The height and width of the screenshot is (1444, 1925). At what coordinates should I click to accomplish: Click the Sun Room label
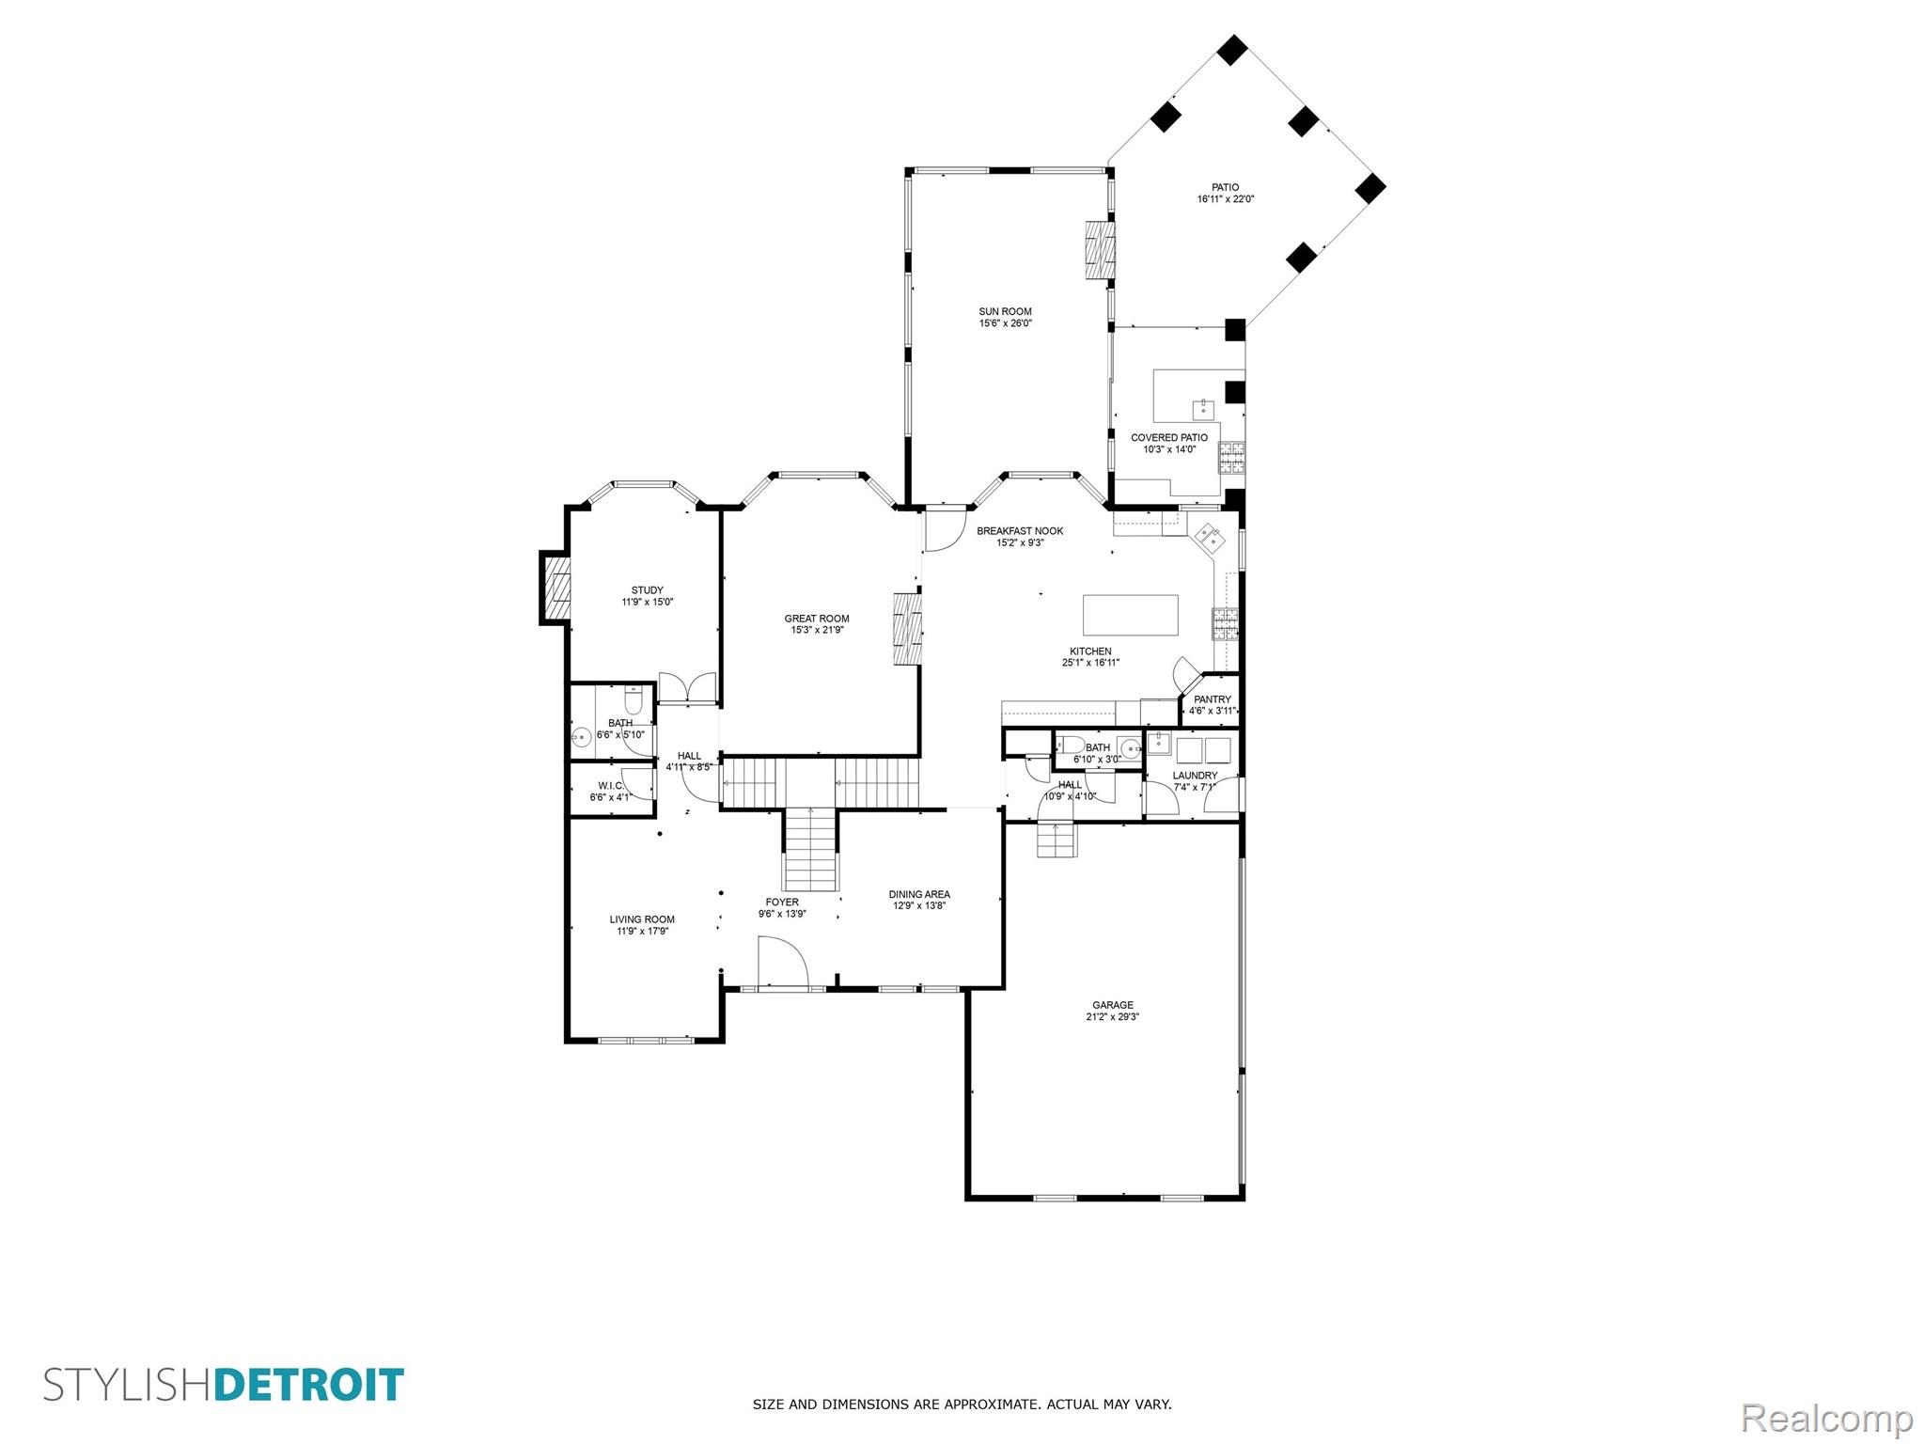pyautogui.click(x=1005, y=312)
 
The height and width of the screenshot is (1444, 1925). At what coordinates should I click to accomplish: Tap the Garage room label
pyautogui.click(x=1113, y=1005)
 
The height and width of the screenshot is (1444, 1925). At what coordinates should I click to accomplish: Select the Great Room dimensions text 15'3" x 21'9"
pyautogui.click(x=817, y=630)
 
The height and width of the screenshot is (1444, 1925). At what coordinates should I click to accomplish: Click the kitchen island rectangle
pyautogui.click(x=1131, y=615)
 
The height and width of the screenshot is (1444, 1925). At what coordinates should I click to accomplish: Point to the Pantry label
pyautogui.click(x=1213, y=699)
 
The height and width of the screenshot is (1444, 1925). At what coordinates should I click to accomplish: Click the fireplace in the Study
pyautogui.click(x=556, y=588)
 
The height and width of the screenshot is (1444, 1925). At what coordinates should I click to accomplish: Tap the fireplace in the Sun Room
pyautogui.click(x=1100, y=250)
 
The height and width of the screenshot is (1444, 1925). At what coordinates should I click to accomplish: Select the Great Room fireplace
pyautogui.click(x=907, y=628)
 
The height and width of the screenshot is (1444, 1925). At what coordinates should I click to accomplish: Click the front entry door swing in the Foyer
pyautogui.click(x=783, y=961)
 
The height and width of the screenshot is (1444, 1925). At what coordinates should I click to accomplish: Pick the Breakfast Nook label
pyautogui.click(x=1020, y=531)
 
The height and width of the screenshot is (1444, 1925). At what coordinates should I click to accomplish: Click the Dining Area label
pyautogui.click(x=919, y=894)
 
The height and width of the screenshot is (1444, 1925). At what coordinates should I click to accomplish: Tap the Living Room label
pyautogui.click(x=642, y=919)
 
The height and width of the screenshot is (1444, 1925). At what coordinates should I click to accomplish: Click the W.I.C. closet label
pyautogui.click(x=611, y=786)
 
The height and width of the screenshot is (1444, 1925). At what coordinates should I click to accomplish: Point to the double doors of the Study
pyautogui.click(x=688, y=688)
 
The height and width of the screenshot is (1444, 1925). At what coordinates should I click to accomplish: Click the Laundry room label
pyautogui.click(x=1195, y=776)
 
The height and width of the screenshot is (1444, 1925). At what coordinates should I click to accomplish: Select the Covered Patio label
pyautogui.click(x=1169, y=438)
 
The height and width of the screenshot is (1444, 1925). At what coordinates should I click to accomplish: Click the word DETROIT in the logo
pyautogui.click(x=309, y=1386)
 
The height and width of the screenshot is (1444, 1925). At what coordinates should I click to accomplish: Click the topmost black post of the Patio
pyautogui.click(x=1232, y=50)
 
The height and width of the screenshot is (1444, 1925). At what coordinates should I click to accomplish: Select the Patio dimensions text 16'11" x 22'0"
pyautogui.click(x=1226, y=199)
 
